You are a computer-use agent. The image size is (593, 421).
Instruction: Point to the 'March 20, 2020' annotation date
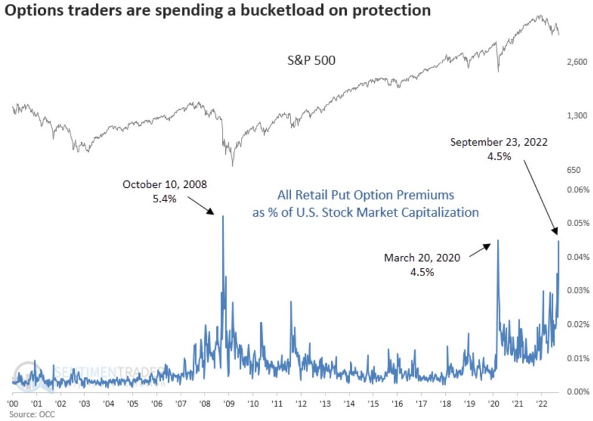(x=422, y=257)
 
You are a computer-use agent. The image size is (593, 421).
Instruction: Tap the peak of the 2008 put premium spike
(x=223, y=216)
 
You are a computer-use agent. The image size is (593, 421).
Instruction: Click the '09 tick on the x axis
(x=228, y=403)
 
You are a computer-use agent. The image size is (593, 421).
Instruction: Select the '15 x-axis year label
(x=372, y=403)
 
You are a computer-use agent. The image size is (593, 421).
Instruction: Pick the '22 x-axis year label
(x=541, y=403)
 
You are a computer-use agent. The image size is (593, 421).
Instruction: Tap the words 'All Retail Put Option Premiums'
(x=365, y=195)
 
